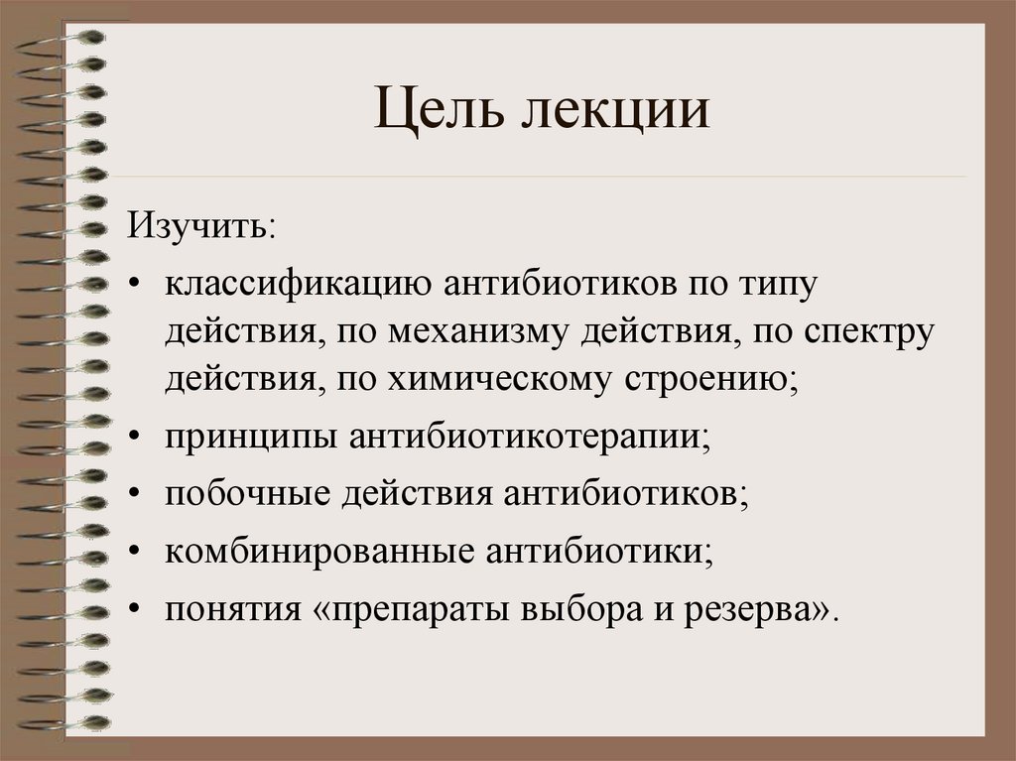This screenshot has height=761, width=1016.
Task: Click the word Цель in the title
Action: (x=435, y=112)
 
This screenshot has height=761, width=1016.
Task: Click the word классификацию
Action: (x=297, y=286)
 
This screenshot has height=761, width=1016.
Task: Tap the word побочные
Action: (x=246, y=493)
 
